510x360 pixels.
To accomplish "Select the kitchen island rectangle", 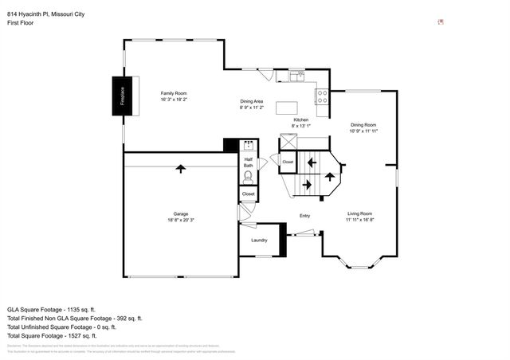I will click(287, 108).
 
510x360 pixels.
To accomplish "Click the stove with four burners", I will click(323, 96).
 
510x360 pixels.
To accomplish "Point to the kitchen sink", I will click(296, 76).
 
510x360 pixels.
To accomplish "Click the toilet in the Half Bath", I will click(248, 176).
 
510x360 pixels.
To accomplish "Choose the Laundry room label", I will click(259, 240).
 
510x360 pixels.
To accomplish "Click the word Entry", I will click(304, 216).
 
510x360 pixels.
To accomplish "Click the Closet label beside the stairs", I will click(288, 162).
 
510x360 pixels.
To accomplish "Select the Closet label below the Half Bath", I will click(248, 194).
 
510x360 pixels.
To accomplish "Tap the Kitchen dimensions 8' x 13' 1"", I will click(300, 125).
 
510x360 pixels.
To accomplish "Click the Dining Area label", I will click(252, 101).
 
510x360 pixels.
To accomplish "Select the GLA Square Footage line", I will click(52, 308).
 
